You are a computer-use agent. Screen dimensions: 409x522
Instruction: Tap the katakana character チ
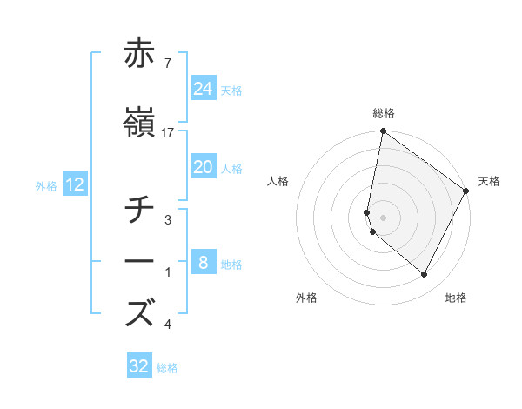click(139, 210)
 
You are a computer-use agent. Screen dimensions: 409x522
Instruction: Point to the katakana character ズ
click(139, 312)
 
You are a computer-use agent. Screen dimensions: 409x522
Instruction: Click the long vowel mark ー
click(139, 261)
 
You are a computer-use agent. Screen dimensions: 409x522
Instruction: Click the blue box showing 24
click(203, 89)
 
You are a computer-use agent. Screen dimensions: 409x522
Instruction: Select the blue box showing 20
click(203, 167)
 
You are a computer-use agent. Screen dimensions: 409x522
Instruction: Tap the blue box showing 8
click(203, 263)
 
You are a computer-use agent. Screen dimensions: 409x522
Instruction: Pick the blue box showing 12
click(74, 184)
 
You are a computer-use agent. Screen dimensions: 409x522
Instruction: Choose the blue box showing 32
click(139, 366)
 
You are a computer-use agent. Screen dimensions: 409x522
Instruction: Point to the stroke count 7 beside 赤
click(167, 62)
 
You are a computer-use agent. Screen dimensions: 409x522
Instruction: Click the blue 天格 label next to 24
click(231, 90)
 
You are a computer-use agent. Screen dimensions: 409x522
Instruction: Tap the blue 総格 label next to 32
click(167, 368)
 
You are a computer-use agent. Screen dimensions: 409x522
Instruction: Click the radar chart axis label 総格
click(383, 113)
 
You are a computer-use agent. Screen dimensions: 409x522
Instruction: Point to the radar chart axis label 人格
click(278, 181)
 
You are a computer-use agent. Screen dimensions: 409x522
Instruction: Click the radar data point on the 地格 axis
click(425, 275)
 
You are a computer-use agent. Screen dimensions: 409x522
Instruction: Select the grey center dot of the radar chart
click(383, 218)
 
